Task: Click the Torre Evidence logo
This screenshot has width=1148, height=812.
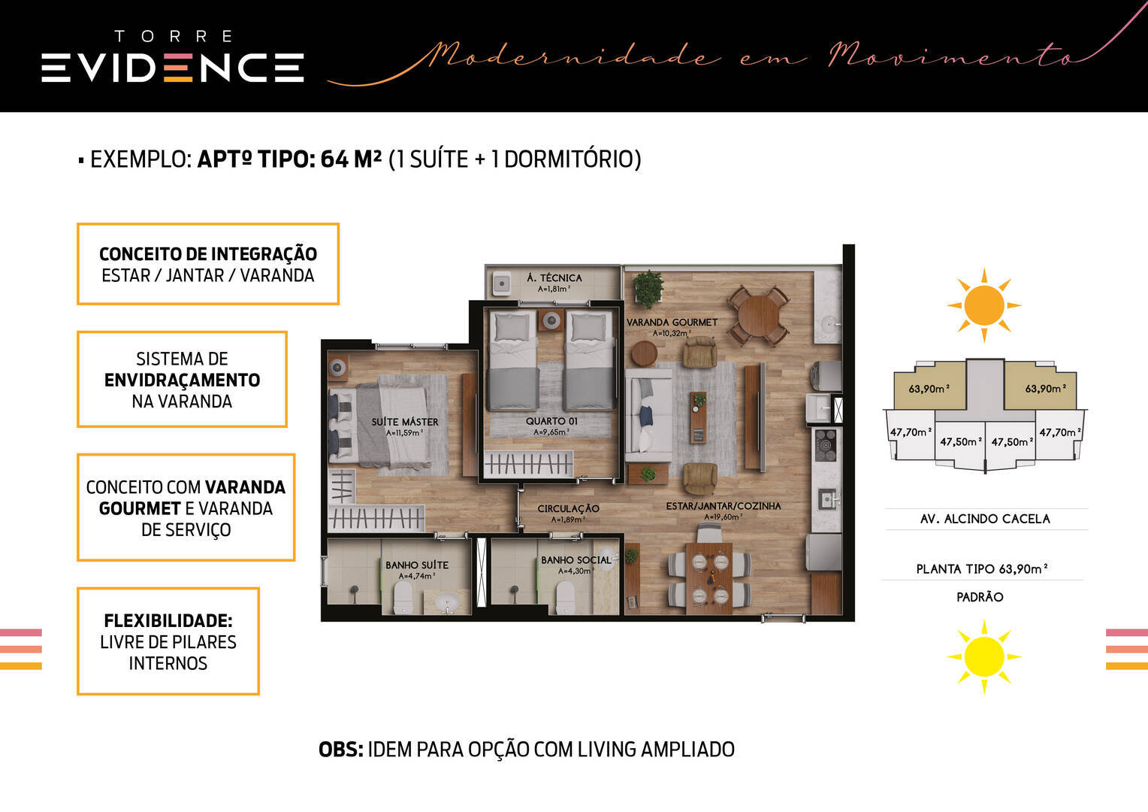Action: (x=173, y=59)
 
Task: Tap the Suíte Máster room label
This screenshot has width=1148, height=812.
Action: (x=404, y=423)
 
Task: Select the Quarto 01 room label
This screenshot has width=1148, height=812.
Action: (x=551, y=422)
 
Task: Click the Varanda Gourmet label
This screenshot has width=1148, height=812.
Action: (x=672, y=323)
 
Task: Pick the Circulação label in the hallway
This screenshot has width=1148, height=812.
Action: (x=568, y=509)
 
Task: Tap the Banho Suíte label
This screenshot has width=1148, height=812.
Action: (x=416, y=565)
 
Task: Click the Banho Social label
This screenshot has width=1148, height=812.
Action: (x=576, y=560)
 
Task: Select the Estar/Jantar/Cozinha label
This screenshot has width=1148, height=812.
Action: (x=723, y=507)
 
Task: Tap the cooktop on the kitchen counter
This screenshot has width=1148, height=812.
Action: (x=826, y=444)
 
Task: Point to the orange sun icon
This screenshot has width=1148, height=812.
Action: (x=983, y=305)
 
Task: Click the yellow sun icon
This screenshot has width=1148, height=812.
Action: (x=983, y=655)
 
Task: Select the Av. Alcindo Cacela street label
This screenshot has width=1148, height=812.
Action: (x=984, y=519)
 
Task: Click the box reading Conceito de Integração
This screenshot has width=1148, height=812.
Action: (x=207, y=264)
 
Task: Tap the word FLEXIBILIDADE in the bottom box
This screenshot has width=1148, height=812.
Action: (x=168, y=621)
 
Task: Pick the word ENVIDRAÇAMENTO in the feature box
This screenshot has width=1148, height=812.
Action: (x=182, y=380)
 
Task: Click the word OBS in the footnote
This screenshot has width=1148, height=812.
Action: (x=340, y=750)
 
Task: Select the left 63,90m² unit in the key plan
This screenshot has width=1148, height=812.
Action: (x=928, y=389)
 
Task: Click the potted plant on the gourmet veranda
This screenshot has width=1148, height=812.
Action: (x=647, y=287)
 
